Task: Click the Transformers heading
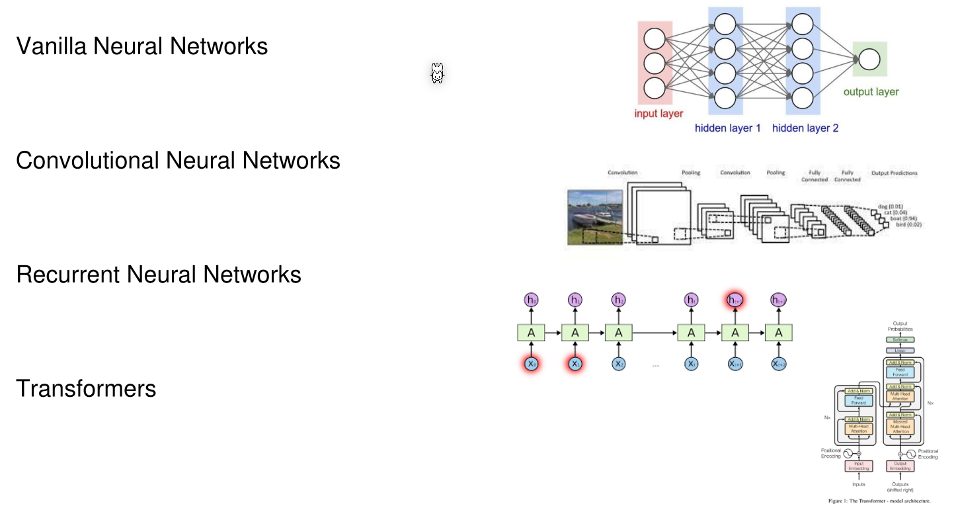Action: click(x=86, y=388)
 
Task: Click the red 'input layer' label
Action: click(x=658, y=114)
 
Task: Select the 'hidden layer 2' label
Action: click(x=805, y=128)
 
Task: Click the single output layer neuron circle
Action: click(x=869, y=60)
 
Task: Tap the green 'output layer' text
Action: click(x=871, y=92)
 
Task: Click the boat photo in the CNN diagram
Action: click(x=595, y=217)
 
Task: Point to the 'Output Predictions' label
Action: click(x=894, y=173)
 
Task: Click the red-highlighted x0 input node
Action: click(x=531, y=363)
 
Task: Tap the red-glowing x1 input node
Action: click(x=575, y=363)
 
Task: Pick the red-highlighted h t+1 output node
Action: click(x=735, y=300)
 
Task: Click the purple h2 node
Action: click(x=618, y=300)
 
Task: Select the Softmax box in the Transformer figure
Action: click(x=899, y=340)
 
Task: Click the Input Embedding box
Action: click(x=858, y=466)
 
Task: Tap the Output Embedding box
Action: click(x=899, y=466)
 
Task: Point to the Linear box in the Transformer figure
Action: click(x=899, y=351)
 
